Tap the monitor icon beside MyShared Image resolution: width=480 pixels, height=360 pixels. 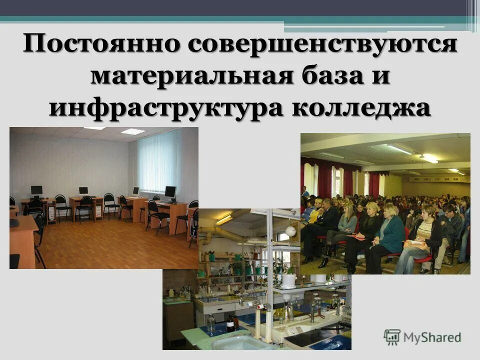(392, 337)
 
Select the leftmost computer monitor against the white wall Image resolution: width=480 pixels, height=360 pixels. (36, 190)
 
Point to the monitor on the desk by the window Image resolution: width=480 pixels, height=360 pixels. (170, 191)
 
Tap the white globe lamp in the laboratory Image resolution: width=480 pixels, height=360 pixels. (290, 231)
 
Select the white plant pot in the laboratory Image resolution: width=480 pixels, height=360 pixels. (288, 280)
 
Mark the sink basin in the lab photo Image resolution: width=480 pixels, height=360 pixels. (235, 343)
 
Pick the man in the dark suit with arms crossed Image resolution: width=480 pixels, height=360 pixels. (327, 220)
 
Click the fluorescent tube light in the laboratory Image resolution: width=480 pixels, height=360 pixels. (224, 220)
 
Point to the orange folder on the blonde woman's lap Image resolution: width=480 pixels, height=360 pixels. (356, 237)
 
